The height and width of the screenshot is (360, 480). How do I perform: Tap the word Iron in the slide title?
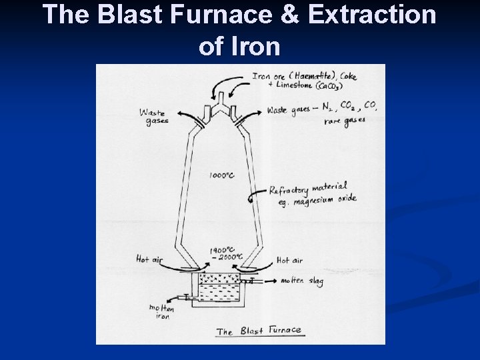point(257,46)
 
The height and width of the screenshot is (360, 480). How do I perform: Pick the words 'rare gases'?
point(345,121)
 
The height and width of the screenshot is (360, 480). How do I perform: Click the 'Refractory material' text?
point(308,188)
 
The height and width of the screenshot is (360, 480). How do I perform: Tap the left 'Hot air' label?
point(148,259)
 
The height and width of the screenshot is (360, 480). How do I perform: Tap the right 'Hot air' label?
point(289,260)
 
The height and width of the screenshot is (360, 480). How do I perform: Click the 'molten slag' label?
point(302,281)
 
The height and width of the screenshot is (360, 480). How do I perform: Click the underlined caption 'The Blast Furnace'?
point(259,330)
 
